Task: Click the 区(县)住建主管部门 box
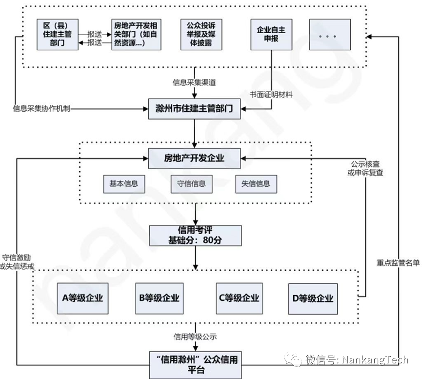(x=58, y=34)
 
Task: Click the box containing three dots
(x=330, y=35)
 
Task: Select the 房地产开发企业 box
(x=195, y=158)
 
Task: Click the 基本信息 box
(x=124, y=184)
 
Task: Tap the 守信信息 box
(x=191, y=184)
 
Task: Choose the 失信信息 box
(x=256, y=184)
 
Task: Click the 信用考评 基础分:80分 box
(x=195, y=235)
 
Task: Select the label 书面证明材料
(x=271, y=95)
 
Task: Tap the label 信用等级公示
(x=195, y=337)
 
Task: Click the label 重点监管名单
(x=398, y=262)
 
